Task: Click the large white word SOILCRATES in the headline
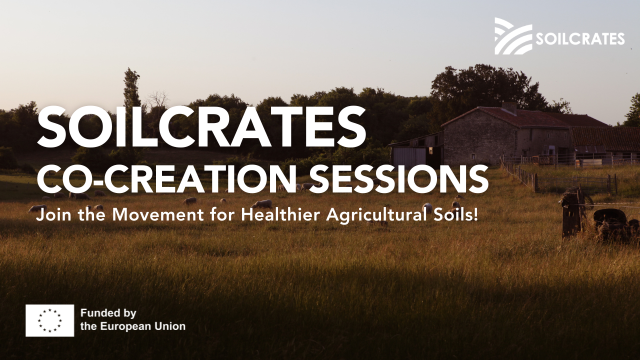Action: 201,126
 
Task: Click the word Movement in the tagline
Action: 158,215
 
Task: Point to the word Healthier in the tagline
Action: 280,214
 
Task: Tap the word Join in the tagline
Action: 53,215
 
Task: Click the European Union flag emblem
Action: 49,320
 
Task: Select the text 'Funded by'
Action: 108,313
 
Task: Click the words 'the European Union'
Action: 133,326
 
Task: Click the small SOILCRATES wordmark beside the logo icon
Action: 580,39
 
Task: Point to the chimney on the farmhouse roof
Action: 509,107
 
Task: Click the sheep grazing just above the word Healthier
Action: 261,203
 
